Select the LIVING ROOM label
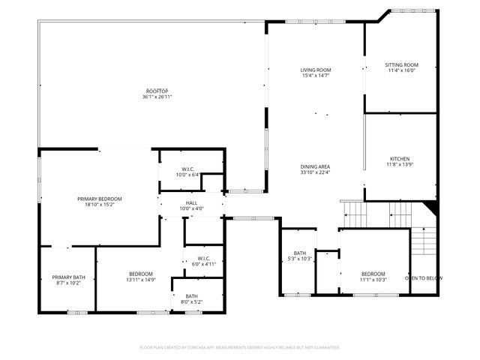tap(316, 70)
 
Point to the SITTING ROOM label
tap(401, 65)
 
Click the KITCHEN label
tap(398, 158)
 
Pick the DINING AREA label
tap(316, 166)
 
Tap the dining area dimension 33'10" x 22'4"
tap(316, 172)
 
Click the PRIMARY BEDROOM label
tap(100, 199)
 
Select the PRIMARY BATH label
tap(68, 277)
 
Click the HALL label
tap(191, 202)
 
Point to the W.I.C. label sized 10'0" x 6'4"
tap(187, 169)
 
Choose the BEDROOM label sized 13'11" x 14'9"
tap(141, 274)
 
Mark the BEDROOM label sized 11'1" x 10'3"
tap(373, 274)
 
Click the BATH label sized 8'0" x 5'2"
tap(192, 295)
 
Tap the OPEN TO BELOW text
tap(424, 278)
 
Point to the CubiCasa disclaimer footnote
tap(240, 347)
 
